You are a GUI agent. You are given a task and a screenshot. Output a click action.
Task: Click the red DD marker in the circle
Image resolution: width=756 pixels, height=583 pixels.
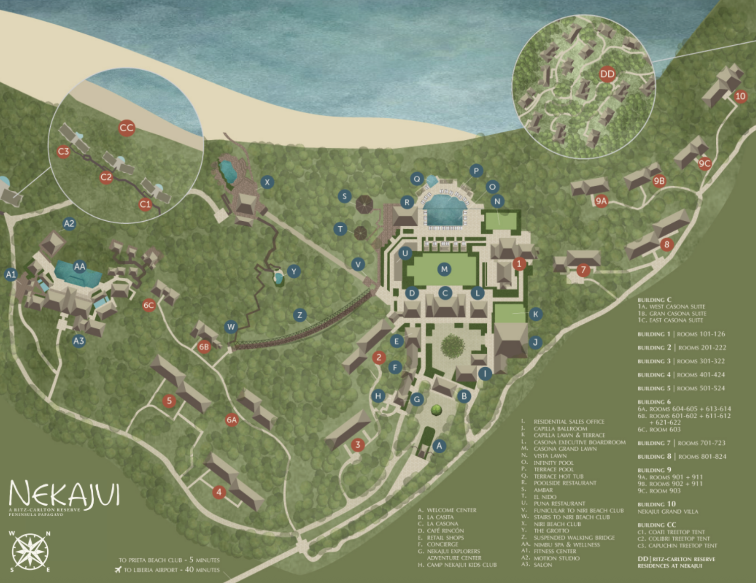point(607,74)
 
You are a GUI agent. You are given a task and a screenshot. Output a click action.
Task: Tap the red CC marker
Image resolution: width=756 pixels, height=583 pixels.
point(126,128)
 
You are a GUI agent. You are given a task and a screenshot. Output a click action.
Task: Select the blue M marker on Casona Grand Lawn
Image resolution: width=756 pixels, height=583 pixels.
point(444,269)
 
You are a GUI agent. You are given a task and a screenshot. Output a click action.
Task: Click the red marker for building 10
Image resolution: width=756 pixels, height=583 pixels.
point(740,97)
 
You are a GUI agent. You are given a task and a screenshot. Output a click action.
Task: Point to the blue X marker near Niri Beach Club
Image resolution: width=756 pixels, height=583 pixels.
point(267,182)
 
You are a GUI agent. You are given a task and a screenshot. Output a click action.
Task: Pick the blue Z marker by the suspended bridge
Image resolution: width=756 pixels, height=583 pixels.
point(299,315)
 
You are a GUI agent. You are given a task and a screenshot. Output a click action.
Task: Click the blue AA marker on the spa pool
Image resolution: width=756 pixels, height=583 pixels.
point(79,266)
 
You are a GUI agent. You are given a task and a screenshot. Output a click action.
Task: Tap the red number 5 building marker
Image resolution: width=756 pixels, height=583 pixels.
point(169,401)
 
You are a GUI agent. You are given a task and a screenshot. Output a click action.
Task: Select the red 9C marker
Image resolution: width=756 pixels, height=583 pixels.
point(705,164)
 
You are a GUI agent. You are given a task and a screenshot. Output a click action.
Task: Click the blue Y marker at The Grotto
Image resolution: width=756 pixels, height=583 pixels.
point(294,271)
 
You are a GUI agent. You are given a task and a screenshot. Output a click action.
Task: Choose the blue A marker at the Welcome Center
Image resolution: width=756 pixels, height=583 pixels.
point(439,446)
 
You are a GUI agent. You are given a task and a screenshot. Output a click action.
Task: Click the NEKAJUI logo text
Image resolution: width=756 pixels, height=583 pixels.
point(64,494)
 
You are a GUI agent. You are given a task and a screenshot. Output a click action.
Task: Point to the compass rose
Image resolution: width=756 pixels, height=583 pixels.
point(30,552)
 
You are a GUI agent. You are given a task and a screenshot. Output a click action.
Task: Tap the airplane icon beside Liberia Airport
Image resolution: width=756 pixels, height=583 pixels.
point(118,570)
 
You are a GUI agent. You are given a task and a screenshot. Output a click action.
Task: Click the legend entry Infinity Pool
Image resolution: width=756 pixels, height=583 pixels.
point(554,463)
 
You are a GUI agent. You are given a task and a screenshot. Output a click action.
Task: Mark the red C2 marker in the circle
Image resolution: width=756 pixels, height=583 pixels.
point(106,177)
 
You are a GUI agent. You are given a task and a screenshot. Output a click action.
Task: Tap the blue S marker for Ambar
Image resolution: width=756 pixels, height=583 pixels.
point(345,196)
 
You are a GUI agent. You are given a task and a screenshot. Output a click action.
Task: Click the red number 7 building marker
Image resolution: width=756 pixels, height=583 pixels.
point(583,270)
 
